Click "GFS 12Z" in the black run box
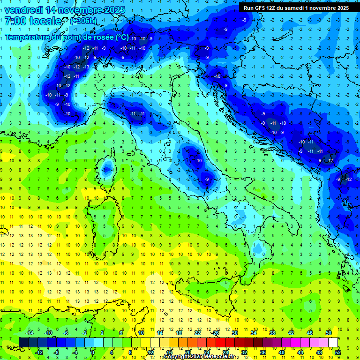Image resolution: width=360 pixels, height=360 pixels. pyautogui.click(x=265, y=8)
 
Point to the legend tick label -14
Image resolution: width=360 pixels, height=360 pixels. pyautogui.click(x=29, y=333)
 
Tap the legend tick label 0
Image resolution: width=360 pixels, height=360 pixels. pyautogui.click(x=93, y=352)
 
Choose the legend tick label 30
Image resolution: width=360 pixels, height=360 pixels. pyautogui.click(x=235, y=333)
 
